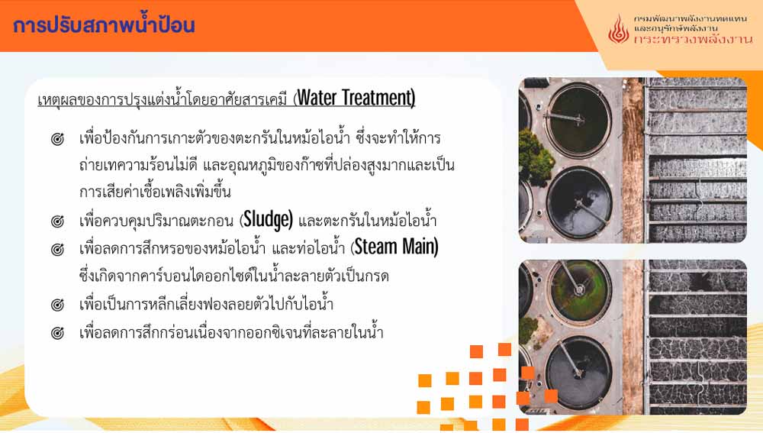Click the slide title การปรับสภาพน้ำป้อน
coord(104,24)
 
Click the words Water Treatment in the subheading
coord(356,98)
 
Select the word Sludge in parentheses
coord(268,220)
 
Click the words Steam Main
coord(395,247)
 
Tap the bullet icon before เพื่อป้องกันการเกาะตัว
coord(57,139)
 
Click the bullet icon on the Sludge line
coord(57,221)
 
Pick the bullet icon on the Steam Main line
coord(57,250)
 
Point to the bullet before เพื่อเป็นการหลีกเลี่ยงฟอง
coord(57,305)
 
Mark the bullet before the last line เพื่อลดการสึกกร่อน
coord(57,333)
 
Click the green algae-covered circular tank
coord(579,291)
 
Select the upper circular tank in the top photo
coord(578,119)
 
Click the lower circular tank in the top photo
coord(579,204)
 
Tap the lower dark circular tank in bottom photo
coord(578,373)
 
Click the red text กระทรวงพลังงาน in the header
coord(693,40)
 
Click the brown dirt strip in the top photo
coord(633,160)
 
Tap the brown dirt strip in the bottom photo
coord(633,337)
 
